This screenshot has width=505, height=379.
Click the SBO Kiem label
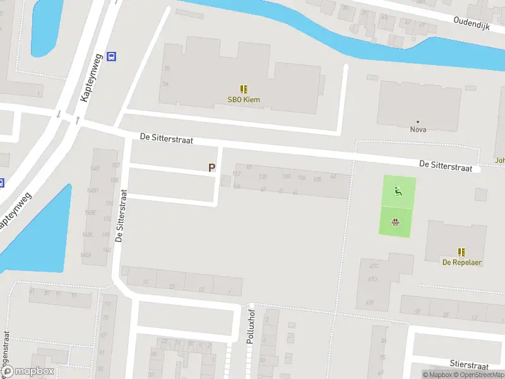[x=244, y=100]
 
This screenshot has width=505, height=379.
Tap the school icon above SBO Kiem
[x=244, y=90]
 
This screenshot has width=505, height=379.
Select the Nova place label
[x=418, y=129]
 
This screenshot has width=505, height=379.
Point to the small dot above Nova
[x=418, y=121]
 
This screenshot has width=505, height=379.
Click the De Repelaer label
[x=462, y=262]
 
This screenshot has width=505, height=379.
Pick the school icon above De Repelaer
[x=462, y=251]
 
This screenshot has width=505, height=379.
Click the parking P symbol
[x=212, y=168]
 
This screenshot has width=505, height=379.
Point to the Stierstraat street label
[x=469, y=364]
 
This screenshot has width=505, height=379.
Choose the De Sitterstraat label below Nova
[x=446, y=165]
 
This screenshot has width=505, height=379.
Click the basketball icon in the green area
[x=395, y=222]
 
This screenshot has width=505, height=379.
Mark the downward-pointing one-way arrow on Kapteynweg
[x=58, y=114]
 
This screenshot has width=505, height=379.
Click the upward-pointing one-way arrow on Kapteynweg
[x=77, y=119]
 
